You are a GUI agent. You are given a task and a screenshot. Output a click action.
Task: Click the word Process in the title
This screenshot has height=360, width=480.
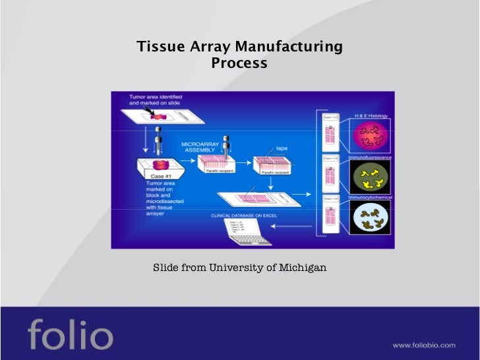pos(239,63)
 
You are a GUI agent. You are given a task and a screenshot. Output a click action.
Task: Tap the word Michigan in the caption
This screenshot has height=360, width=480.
pos(303,268)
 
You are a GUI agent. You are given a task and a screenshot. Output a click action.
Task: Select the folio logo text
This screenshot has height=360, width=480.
pos(70,335)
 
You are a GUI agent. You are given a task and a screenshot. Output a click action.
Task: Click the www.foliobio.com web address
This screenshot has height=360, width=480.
pos(423,345)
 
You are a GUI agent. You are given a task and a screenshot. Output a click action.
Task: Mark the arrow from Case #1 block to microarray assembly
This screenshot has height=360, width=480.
pos(186,164)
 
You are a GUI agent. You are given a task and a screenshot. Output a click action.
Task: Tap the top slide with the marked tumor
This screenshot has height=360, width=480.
pos(162,115)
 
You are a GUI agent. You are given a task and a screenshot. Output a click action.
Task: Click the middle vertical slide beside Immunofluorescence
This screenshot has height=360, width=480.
pos(330,176)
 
